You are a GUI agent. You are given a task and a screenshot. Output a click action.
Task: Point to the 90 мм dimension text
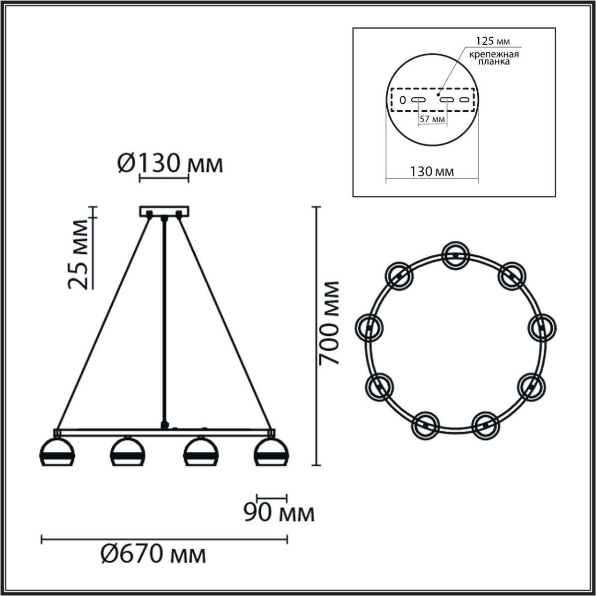coord(279,514)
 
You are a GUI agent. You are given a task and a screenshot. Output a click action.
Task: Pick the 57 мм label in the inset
coord(432,120)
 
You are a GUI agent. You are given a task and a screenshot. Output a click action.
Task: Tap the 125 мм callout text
coord(493,41)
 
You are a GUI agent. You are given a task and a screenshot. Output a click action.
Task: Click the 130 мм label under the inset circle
coord(432,172)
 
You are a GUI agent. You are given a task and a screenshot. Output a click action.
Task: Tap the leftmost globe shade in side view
coord(57,452)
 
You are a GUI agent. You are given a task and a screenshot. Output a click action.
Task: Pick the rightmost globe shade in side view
coord(270,452)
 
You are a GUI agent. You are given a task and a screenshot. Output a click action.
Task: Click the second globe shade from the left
coord(128,452)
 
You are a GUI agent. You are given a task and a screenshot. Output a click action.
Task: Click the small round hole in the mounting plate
coord(403,100)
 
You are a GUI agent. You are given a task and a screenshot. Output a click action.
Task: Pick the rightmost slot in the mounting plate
coord(464,100)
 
